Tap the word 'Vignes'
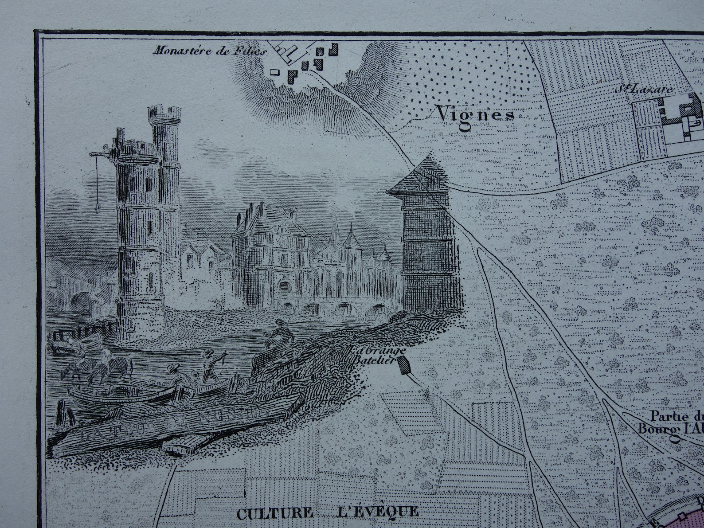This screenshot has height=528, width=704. click(x=475, y=114)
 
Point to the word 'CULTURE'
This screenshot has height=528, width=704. click(x=274, y=513)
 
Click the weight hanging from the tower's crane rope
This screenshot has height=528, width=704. click(x=97, y=207)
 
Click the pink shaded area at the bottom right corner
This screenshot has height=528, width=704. click(x=692, y=514)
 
